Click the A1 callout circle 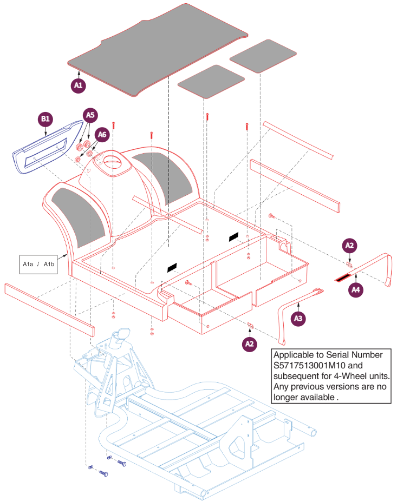coord(78,85)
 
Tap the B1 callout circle coord(45,119)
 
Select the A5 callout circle coord(90,115)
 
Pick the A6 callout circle coord(102,135)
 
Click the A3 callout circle coord(298,318)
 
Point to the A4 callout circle coord(356,290)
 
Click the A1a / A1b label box coord(38,264)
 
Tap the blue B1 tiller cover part coord(48,147)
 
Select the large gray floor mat coord(158,50)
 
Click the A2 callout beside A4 coord(349,246)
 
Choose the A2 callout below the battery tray coord(249,344)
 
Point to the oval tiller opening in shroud coord(113,161)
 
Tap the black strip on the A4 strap coord(343,278)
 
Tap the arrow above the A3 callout coord(298,307)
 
